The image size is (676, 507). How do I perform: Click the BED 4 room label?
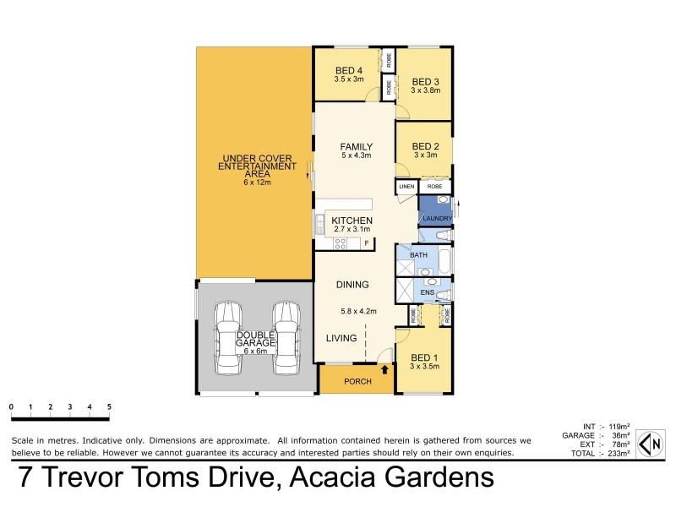tap(349, 70)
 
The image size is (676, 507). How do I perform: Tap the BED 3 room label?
tap(426, 81)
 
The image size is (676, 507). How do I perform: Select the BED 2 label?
tap(426, 145)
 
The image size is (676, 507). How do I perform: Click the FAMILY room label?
tap(356, 147)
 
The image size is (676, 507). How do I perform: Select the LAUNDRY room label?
tap(438, 220)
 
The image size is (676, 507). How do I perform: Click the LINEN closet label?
tap(406, 186)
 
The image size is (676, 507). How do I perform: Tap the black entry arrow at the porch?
tap(385, 369)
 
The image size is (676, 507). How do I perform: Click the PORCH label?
tap(357, 382)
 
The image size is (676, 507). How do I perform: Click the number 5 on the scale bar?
tap(109, 407)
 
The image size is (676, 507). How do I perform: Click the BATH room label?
tap(418, 254)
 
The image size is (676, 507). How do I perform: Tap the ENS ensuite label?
tap(427, 292)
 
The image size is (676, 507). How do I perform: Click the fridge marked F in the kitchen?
tap(367, 244)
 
